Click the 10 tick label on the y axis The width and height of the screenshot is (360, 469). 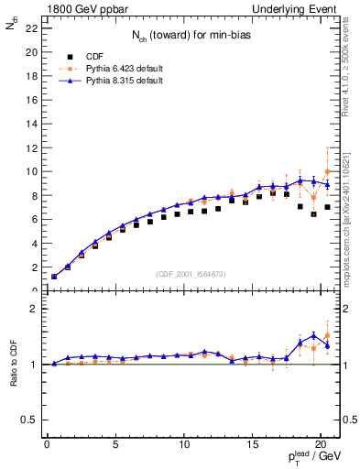[32, 171]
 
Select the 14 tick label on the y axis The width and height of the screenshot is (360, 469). [32, 124]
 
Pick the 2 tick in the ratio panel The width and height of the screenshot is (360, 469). [34, 309]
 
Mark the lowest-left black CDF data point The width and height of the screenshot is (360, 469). [54, 277]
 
